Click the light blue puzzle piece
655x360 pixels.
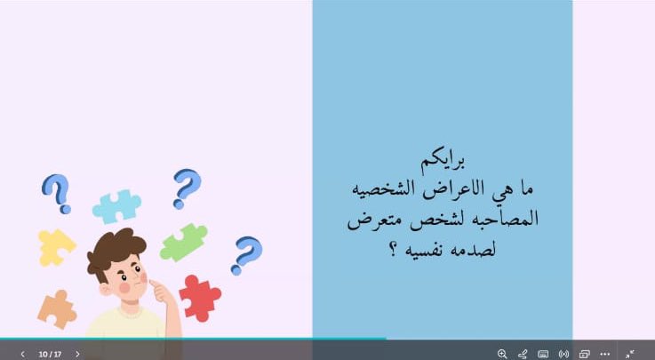[116, 206]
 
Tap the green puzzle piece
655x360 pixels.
[183, 241]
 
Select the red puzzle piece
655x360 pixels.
[200, 297]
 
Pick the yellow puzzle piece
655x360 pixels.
[55, 247]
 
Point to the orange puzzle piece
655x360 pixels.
[57, 308]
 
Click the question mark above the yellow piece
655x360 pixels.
[56, 192]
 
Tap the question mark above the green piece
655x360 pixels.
[186, 188]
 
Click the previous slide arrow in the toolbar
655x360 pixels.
[22, 354]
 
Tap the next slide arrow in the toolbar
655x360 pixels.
[77, 354]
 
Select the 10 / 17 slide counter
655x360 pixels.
[50, 354]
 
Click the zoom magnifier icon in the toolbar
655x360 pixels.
[502, 354]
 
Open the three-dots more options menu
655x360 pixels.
[605, 354]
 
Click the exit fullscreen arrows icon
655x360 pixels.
[630, 354]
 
